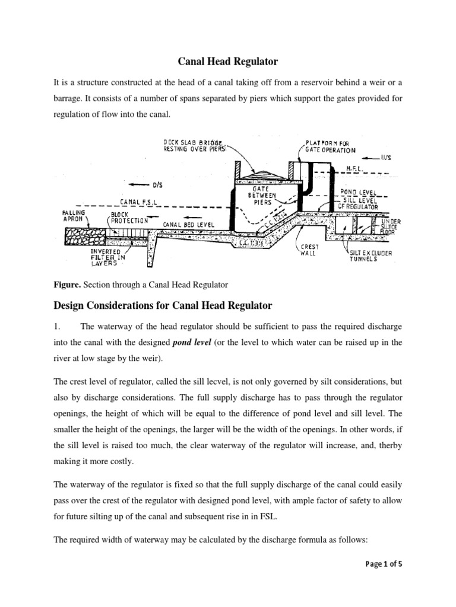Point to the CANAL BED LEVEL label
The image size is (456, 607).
point(188,225)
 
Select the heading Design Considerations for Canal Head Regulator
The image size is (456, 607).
point(163,306)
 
